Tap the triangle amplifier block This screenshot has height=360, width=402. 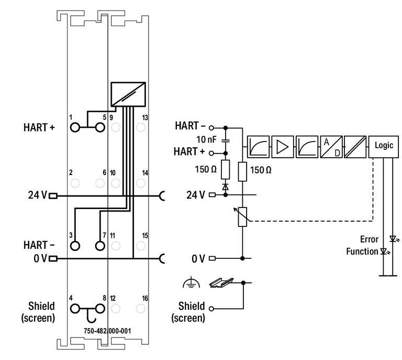[282, 146]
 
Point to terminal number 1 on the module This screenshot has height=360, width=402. [71, 117]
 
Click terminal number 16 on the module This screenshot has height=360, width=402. [145, 298]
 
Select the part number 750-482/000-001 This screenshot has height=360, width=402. [107, 331]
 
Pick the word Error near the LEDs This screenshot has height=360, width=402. [368, 239]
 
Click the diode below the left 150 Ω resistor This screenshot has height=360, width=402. [226, 186]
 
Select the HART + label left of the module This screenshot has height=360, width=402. [39, 127]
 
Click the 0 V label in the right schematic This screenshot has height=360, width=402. [198, 258]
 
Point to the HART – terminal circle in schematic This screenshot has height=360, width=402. [212, 127]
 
